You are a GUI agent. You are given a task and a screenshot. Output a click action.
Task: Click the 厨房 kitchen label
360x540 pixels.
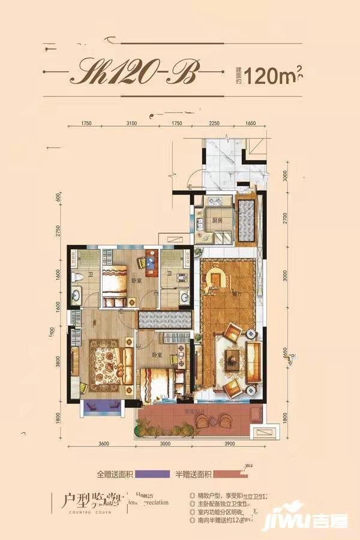(x=217, y=221)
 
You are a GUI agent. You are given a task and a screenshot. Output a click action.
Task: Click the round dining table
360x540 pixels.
(x=215, y=277)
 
